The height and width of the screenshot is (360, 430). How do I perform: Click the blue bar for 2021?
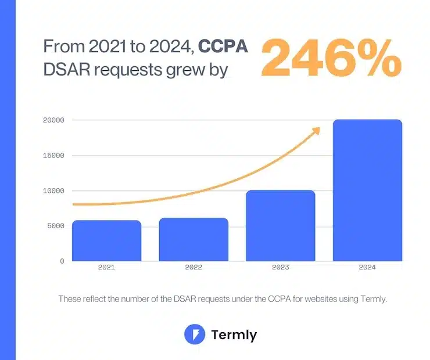pos(106,241)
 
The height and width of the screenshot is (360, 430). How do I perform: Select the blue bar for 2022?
pos(193,239)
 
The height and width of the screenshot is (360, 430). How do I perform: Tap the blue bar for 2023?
pos(280,226)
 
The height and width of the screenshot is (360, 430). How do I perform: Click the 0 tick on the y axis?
pos(61,261)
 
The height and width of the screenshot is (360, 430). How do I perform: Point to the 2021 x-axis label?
pos(106,268)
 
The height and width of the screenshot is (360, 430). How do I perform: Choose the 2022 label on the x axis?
pos(193,268)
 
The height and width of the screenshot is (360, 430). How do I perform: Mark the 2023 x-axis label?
pos(280,268)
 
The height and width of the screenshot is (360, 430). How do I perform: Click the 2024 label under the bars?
pos(367,268)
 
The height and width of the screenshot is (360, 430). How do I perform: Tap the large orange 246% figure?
pos(331,58)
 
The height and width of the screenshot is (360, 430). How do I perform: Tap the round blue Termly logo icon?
pos(194,334)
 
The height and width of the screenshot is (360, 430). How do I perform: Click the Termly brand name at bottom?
pos(234,335)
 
